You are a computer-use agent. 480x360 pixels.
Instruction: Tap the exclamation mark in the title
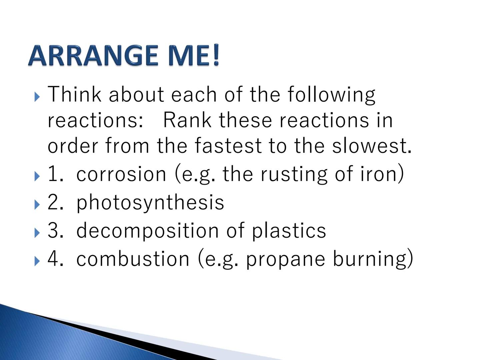[x=216, y=55]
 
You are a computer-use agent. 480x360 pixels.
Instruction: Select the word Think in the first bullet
[x=74, y=94]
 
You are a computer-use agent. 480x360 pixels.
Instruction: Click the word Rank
[x=187, y=120]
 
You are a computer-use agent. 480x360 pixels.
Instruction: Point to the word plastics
[x=289, y=231]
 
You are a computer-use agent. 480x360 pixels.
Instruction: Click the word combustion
[x=133, y=259]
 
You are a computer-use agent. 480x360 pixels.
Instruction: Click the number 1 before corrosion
[x=54, y=174]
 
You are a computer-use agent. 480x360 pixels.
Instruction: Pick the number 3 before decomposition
[x=54, y=231]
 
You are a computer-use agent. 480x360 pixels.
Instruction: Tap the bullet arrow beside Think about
[x=37, y=97]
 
